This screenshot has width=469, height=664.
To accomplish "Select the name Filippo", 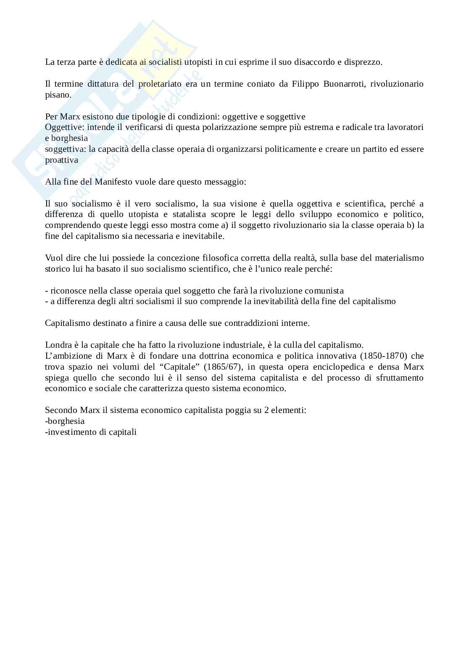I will tap(306, 84).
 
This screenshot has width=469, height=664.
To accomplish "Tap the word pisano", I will tap(58, 95).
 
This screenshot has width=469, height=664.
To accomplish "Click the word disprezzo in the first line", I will tap(363, 62).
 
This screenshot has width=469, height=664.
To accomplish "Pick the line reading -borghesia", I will tap(65, 421).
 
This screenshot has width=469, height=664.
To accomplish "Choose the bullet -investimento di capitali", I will tap(91, 432).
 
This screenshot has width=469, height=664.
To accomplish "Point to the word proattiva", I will tap(61, 160).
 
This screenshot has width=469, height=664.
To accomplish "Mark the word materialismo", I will tap(398, 257).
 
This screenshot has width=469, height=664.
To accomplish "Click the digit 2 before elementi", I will tap(266, 410).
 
